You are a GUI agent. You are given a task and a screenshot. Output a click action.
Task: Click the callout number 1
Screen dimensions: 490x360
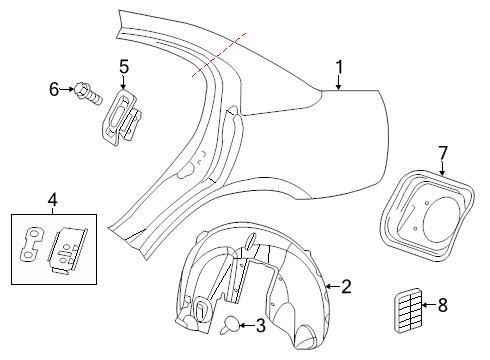coord(339,68)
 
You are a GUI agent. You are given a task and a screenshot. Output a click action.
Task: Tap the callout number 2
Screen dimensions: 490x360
coord(346,287)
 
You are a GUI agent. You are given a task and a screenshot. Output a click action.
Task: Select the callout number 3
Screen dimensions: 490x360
coord(261,325)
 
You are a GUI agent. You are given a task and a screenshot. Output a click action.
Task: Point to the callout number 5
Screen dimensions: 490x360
coord(124,67)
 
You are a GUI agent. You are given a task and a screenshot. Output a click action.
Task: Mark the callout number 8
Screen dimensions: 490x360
coord(443,307)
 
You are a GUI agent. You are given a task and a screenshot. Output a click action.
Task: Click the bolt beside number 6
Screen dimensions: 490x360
coord(87,95)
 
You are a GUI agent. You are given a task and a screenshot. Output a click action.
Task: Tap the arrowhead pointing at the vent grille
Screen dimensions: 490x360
coord(422,307)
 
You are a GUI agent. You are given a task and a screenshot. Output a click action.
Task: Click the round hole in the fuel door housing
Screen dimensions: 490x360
coord(437,214)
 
